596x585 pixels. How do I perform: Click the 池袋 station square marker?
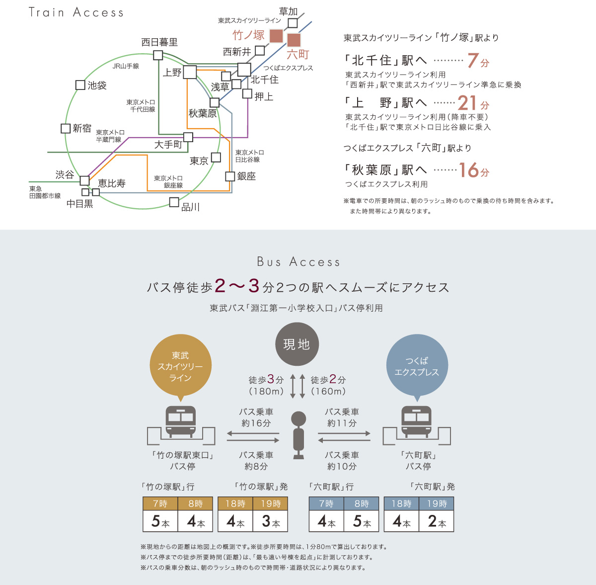point(80,85)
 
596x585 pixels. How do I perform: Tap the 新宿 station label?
point(82,128)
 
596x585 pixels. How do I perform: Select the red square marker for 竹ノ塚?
point(276,36)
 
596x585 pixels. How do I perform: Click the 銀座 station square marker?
point(230,176)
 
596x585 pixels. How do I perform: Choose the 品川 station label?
point(191,207)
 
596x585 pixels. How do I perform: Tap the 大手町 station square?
point(188,137)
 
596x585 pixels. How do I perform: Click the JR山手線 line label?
point(126,66)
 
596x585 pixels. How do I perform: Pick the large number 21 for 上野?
point(467,103)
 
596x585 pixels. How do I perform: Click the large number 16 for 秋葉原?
point(468,170)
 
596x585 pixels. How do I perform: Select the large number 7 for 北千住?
point(473,61)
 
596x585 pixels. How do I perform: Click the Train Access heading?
point(76,12)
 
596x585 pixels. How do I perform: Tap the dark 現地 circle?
point(297,344)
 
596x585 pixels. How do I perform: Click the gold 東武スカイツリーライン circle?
point(180,367)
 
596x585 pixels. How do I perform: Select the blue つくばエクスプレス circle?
point(417,366)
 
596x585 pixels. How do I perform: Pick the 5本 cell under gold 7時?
point(160,521)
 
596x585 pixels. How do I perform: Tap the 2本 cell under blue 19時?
point(437,521)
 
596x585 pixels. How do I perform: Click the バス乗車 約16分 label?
point(256,418)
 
